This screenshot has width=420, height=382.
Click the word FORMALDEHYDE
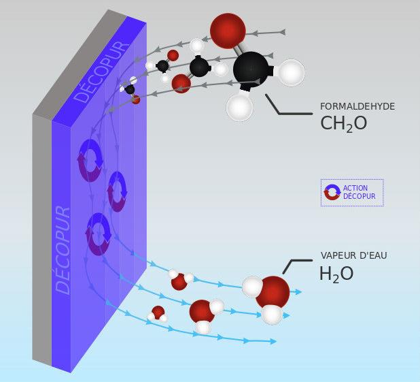357,106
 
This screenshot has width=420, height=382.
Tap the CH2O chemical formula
343,123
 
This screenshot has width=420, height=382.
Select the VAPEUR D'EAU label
353,255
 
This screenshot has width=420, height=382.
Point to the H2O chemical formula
336,274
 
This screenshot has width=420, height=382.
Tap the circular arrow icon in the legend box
332,192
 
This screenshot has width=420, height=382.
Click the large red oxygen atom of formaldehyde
227,30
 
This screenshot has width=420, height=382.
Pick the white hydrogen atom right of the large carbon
290,72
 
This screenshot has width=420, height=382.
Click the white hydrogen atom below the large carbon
239,108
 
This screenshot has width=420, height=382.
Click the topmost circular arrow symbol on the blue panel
90,159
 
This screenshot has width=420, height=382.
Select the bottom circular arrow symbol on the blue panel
99,234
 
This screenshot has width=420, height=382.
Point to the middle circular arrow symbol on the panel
117,191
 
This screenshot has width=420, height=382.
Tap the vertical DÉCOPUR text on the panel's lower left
63,249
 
